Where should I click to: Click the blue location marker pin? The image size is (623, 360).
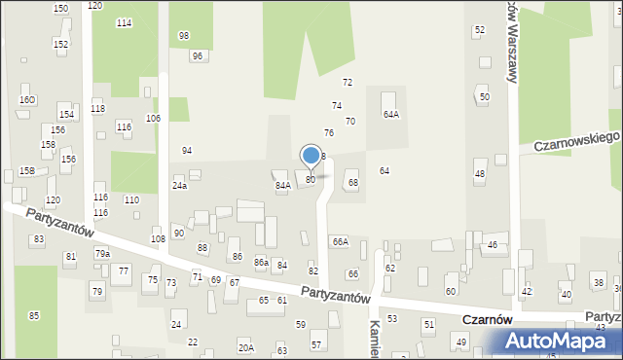pos(311,155)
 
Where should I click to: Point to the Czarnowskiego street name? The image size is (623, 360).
pos(577,140)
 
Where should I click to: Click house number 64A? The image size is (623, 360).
pos(390,114)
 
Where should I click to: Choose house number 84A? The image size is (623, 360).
pos(282,185)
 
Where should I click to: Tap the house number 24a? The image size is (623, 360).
pos(179,185)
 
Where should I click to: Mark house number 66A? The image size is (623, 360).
pos(340,241)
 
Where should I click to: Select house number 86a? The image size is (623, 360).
pos(261,263)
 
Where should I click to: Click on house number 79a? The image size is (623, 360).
pos(102,253)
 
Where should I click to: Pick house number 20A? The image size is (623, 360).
pos(245,347)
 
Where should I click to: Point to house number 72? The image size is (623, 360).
pos(347,83)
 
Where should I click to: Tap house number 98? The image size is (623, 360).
pos(184,36)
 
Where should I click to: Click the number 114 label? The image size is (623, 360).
pos(124,22)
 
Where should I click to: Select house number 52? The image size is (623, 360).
pos(479,30)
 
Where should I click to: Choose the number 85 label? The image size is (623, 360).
pos(34,315)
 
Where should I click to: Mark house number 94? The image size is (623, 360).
pos(187,151)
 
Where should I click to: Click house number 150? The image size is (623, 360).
pos(60,8)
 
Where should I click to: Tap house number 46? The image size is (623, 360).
pos(493,245)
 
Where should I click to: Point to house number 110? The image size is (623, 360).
pos(131,199)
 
